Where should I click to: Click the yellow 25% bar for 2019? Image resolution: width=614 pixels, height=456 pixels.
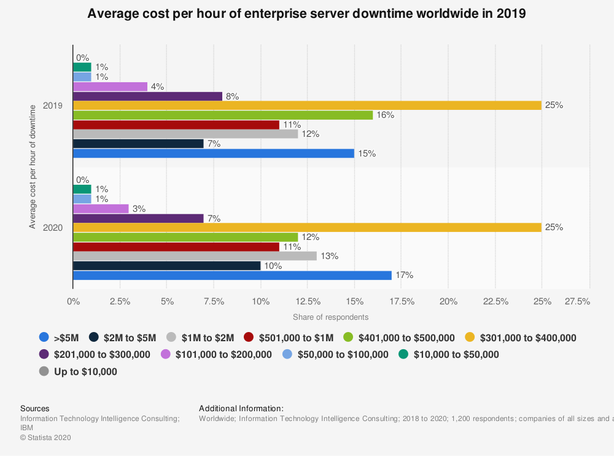[x=307, y=105]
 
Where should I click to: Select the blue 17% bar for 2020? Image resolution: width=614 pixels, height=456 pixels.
[x=232, y=276]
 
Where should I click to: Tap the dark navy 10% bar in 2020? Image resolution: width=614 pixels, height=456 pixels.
[x=166, y=266]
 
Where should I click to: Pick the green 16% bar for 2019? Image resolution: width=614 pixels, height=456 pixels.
[x=223, y=115]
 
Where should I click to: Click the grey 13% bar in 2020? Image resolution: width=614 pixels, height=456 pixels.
[x=195, y=256]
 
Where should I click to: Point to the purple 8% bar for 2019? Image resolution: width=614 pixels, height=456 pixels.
[x=147, y=96]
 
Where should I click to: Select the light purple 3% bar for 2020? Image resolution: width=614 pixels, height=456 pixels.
[x=101, y=209]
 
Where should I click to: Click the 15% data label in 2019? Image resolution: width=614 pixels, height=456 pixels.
[x=367, y=153]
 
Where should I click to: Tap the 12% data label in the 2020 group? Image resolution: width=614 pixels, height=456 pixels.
[x=311, y=238]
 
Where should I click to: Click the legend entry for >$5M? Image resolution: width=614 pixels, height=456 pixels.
[x=58, y=338]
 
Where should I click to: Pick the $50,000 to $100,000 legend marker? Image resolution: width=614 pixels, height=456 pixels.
[x=287, y=354]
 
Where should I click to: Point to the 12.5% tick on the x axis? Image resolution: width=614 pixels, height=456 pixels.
[x=308, y=301]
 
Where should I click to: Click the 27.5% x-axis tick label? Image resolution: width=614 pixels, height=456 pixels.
[x=577, y=301]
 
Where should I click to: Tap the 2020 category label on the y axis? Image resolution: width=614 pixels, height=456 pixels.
[x=52, y=228]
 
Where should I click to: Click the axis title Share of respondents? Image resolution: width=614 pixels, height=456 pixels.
[x=330, y=317]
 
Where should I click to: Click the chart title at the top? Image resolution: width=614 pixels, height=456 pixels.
[x=306, y=14]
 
